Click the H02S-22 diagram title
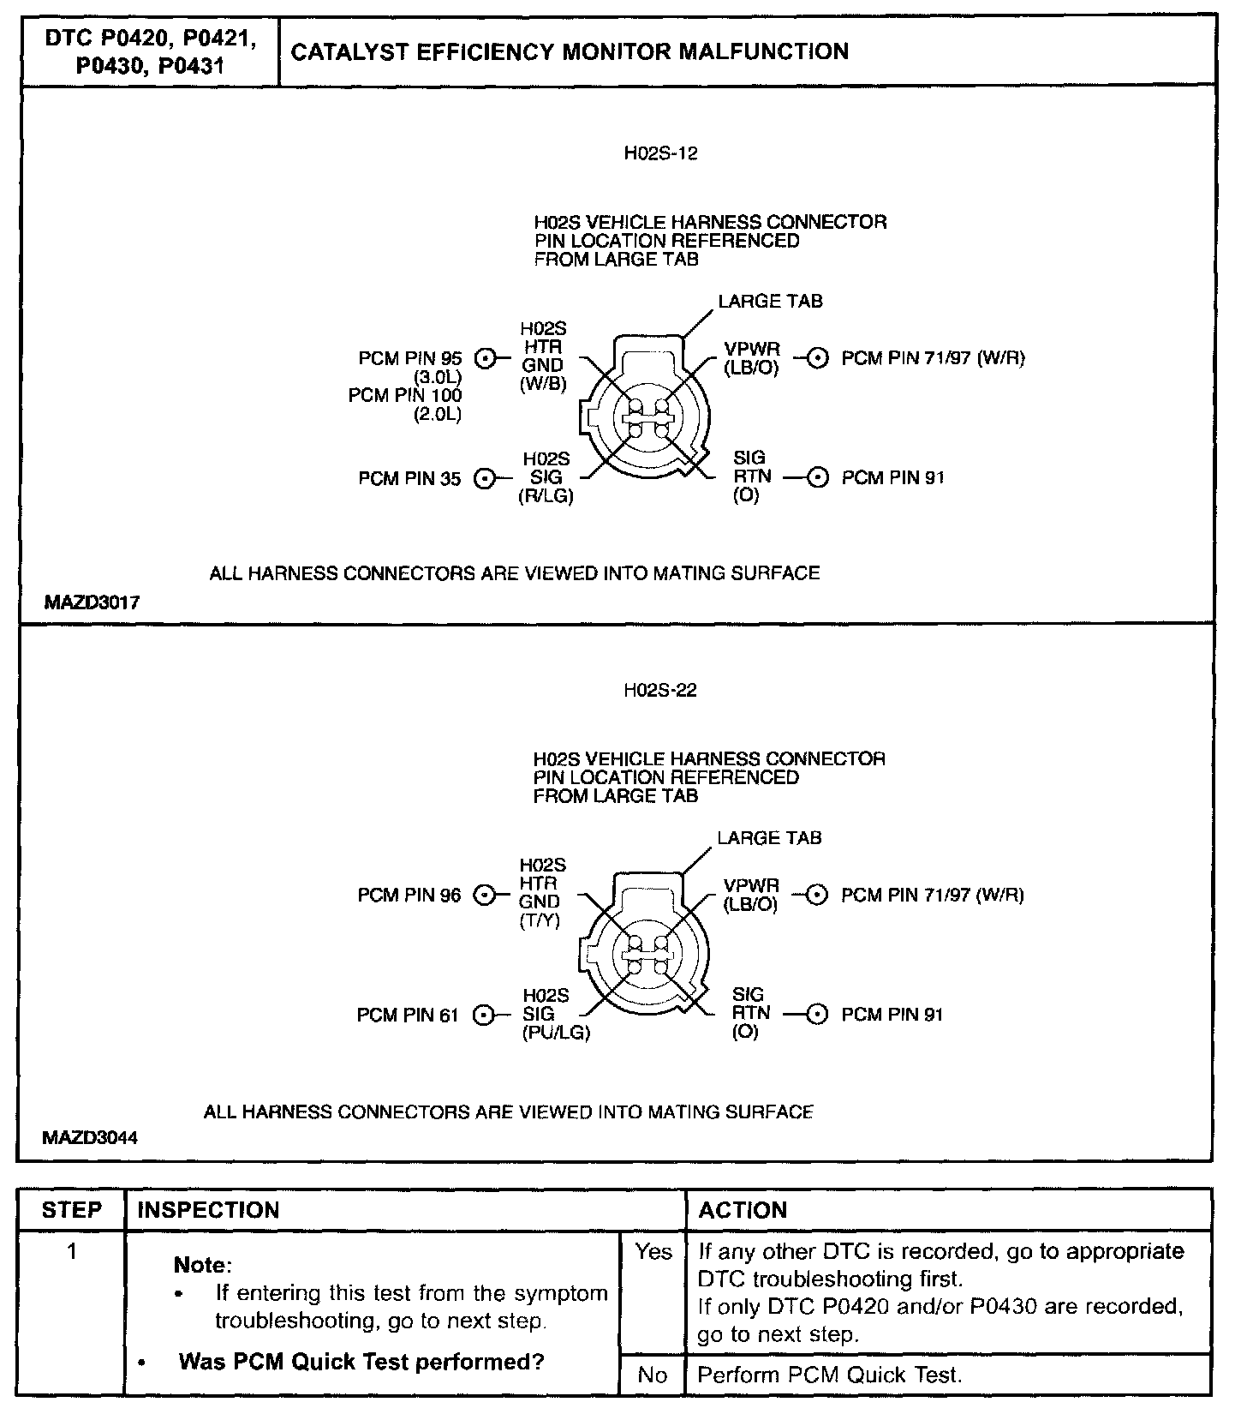(659, 691)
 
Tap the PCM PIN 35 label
(409, 479)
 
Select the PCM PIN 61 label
(408, 1016)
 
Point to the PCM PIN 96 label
(409, 896)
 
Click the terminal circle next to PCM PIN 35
(485, 479)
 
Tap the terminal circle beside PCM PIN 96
(485, 896)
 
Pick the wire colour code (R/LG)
(546, 496)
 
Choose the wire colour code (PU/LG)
(556, 1033)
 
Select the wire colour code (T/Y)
(540, 921)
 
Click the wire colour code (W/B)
(543, 384)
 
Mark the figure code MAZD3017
(92, 602)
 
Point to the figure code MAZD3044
(90, 1138)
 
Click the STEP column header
(72, 1210)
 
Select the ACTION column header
(743, 1210)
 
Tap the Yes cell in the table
(653, 1253)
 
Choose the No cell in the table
(653, 1375)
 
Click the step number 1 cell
(72, 1253)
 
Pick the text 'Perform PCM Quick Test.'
(830, 1375)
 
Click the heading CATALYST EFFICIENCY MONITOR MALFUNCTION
(570, 52)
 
